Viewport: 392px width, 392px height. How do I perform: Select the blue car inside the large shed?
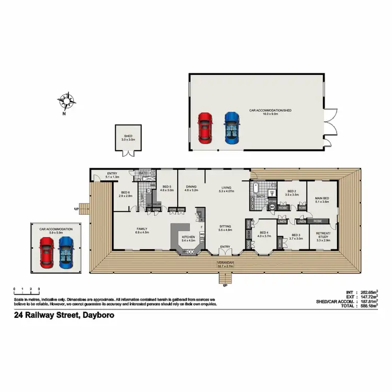point(231,128)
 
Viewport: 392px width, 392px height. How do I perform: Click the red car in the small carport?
point(47,251)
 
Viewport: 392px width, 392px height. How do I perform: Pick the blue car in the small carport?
point(66,251)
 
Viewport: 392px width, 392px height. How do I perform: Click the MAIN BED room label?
point(321,199)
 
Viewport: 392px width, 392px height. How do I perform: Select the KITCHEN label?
point(188,237)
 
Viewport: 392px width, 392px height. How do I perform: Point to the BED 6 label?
point(125,193)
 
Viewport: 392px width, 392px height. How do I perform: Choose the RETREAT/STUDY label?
point(323,236)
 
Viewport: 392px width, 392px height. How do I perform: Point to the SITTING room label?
point(225,227)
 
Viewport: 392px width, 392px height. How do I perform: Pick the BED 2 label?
point(291,192)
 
